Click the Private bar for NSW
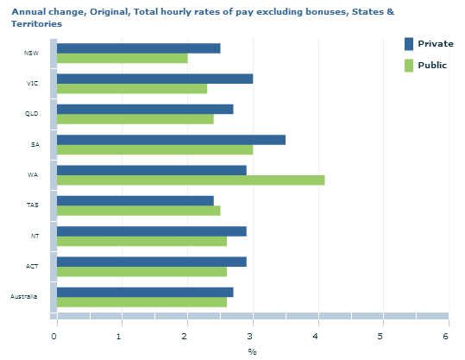tap(139, 48)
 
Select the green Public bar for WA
tap(191, 180)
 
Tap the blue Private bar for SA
tap(171, 140)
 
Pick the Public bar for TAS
tap(139, 211)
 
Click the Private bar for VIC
tap(154, 79)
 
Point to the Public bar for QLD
tap(135, 119)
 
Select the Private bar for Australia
tap(145, 292)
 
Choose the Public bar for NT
tap(141, 241)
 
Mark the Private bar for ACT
tap(152, 262)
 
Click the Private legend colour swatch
tap(409, 44)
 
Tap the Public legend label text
tap(432, 66)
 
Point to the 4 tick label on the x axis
tap(315, 336)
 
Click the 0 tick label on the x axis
tap(54, 336)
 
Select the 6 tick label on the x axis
tap(446, 336)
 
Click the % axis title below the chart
tap(252, 352)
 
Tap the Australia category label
tap(24, 296)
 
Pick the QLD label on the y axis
tap(31, 114)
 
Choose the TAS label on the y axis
tap(32, 205)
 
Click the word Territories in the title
tap(37, 24)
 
